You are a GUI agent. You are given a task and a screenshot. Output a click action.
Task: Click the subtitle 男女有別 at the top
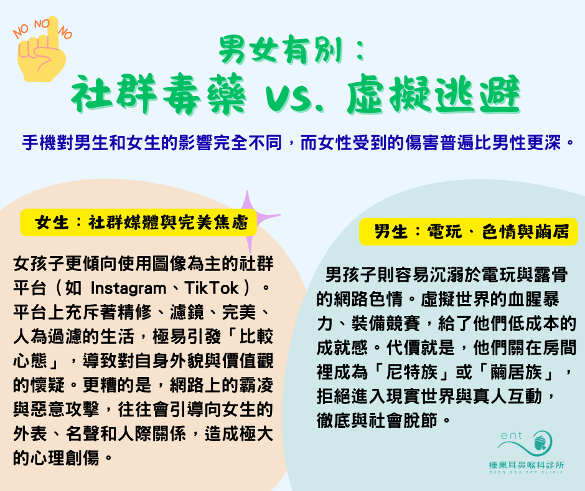(x=281, y=50)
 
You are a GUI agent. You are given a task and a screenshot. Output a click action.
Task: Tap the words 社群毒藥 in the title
(x=158, y=94)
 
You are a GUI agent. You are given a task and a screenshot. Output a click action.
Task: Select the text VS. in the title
(x=294, y=98)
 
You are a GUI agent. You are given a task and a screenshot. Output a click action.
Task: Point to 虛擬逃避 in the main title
(x=434, y=94)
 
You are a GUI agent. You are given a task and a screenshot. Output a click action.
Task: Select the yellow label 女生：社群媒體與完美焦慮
(x=138, y=222)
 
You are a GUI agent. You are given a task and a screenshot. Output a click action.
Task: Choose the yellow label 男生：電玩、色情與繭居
(x=468, y=232)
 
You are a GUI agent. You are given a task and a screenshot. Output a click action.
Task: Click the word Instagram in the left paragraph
(x=129, y=288)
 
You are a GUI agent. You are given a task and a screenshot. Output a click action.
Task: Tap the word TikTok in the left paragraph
(x=212, y=288)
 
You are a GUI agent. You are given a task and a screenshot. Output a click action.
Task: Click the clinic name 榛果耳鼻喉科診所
(x=526, y=465)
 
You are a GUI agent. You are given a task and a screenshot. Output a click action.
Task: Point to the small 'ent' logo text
(x=511, y=436)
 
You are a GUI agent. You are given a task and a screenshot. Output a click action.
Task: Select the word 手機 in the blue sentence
(x=39, y=143)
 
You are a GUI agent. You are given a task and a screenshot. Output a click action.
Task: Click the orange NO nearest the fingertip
(x=42, y=24)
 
